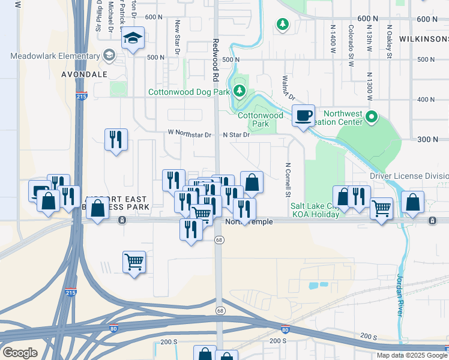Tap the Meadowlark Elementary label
click(x=55, y=56)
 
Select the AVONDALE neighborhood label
click(x=84, y=74)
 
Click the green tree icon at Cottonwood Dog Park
click(x=240, y=91)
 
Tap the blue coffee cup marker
click(x=304, y=115)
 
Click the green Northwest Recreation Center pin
click(x=372, y=116)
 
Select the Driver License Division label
click(x=409, y=176)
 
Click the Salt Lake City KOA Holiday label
click(x=316, y=209)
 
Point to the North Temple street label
click(x=249, y=221)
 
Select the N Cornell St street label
click(x=288, y=179)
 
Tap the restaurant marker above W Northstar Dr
click(x=115, y=139)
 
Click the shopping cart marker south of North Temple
click(x=134, y=261)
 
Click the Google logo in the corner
click(x=20, y=353)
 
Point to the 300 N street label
click(x=427, y=139)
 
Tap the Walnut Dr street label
click(x=289, y=88)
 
